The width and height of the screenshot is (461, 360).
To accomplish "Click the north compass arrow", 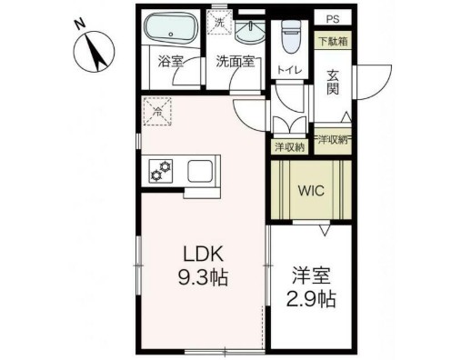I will [95, 50].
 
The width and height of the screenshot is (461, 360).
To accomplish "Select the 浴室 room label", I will [171, 63].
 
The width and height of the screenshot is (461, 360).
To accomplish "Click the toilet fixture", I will [290, 36].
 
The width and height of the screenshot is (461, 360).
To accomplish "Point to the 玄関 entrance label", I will [333, 80].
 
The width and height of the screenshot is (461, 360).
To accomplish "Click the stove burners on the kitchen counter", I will [161, 170].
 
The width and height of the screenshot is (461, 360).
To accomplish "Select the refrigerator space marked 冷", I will [156, 112].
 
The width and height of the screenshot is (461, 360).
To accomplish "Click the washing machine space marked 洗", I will [218, 22].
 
